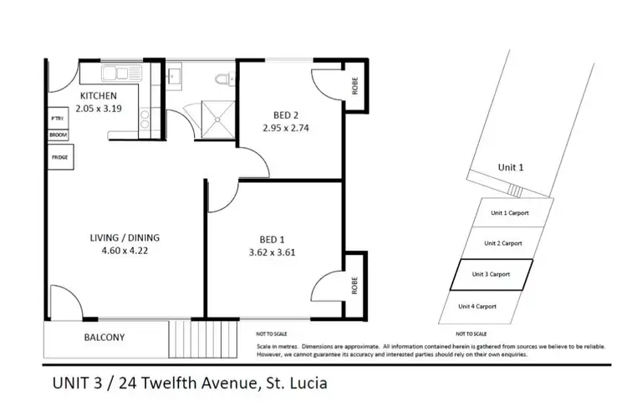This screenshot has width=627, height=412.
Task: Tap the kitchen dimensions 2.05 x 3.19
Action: coord(104,108)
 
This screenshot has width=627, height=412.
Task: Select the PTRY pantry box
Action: coord(57,119)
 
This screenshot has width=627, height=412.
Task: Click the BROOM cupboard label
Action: coord(57,135)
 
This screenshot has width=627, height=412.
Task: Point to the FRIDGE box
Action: coord(59,157)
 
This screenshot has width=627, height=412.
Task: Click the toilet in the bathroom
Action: coord(222,79)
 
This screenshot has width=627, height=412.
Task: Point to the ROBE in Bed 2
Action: coord(355,87)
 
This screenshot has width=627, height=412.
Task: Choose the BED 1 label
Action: coord(273,238)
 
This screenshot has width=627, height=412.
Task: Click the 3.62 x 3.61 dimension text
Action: coord(273,252)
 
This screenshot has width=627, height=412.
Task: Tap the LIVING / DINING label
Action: coord(124,237)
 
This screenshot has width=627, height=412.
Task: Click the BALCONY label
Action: coord(104,338)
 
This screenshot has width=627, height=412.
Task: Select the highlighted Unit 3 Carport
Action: coord(491,274)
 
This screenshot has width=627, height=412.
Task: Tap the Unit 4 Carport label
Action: coord(477,307)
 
